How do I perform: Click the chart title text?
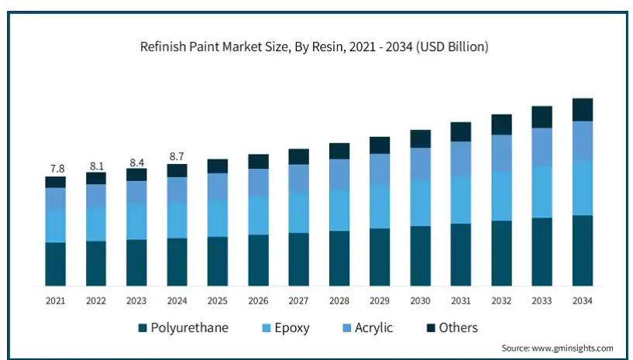pos(314,47)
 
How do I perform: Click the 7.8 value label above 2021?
pos(55,168)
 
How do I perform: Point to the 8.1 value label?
pos(96,165)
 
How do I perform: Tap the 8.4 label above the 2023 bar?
pos(136,162)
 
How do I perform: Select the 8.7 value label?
pos(177,156)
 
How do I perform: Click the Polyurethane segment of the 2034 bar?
pos(583,250)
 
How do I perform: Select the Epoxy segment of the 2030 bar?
pos(420,203)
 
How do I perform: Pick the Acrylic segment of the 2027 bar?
pos(298,178)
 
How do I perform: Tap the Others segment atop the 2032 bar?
pos(501,125)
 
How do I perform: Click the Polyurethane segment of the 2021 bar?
pos(55,263)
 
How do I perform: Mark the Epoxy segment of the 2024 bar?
pos(177,220)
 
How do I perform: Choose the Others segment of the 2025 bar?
pos(218,166)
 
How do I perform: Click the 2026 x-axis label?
pos(258,300)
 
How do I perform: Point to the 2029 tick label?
pos(380,300)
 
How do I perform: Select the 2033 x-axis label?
pos(542,300)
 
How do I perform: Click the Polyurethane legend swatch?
pos(143,328)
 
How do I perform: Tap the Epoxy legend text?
pos(291,327)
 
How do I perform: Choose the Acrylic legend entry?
pos(366,327)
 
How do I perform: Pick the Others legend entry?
pos(449,327)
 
